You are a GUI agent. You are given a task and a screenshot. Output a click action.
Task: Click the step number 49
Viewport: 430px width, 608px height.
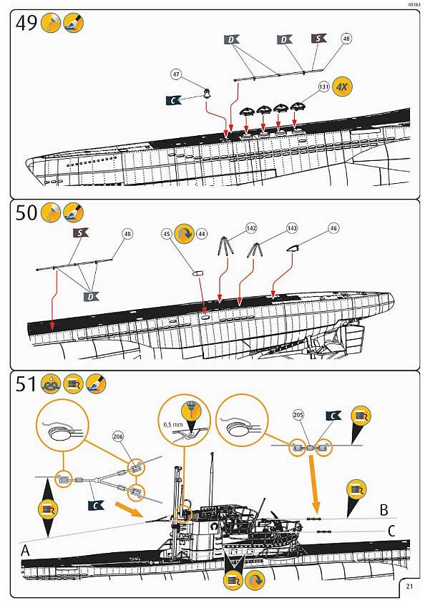27,25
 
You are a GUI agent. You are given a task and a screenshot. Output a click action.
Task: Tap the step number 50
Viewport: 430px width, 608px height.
27,212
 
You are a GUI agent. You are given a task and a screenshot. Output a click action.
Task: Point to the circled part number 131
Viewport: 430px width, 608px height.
324,87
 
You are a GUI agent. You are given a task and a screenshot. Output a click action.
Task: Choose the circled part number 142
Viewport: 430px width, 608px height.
251,228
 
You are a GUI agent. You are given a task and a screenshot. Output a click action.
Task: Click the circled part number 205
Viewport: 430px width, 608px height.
298,415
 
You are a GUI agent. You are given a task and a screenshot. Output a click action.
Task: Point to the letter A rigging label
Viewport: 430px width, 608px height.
25,551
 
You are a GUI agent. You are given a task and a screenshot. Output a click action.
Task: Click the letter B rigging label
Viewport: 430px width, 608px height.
383,510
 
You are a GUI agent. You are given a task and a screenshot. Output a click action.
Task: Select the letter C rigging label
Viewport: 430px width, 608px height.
391,531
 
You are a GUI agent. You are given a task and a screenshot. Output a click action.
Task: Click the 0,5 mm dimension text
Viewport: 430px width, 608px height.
172,425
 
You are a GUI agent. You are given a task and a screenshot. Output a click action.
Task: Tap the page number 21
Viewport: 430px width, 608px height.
409,587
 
